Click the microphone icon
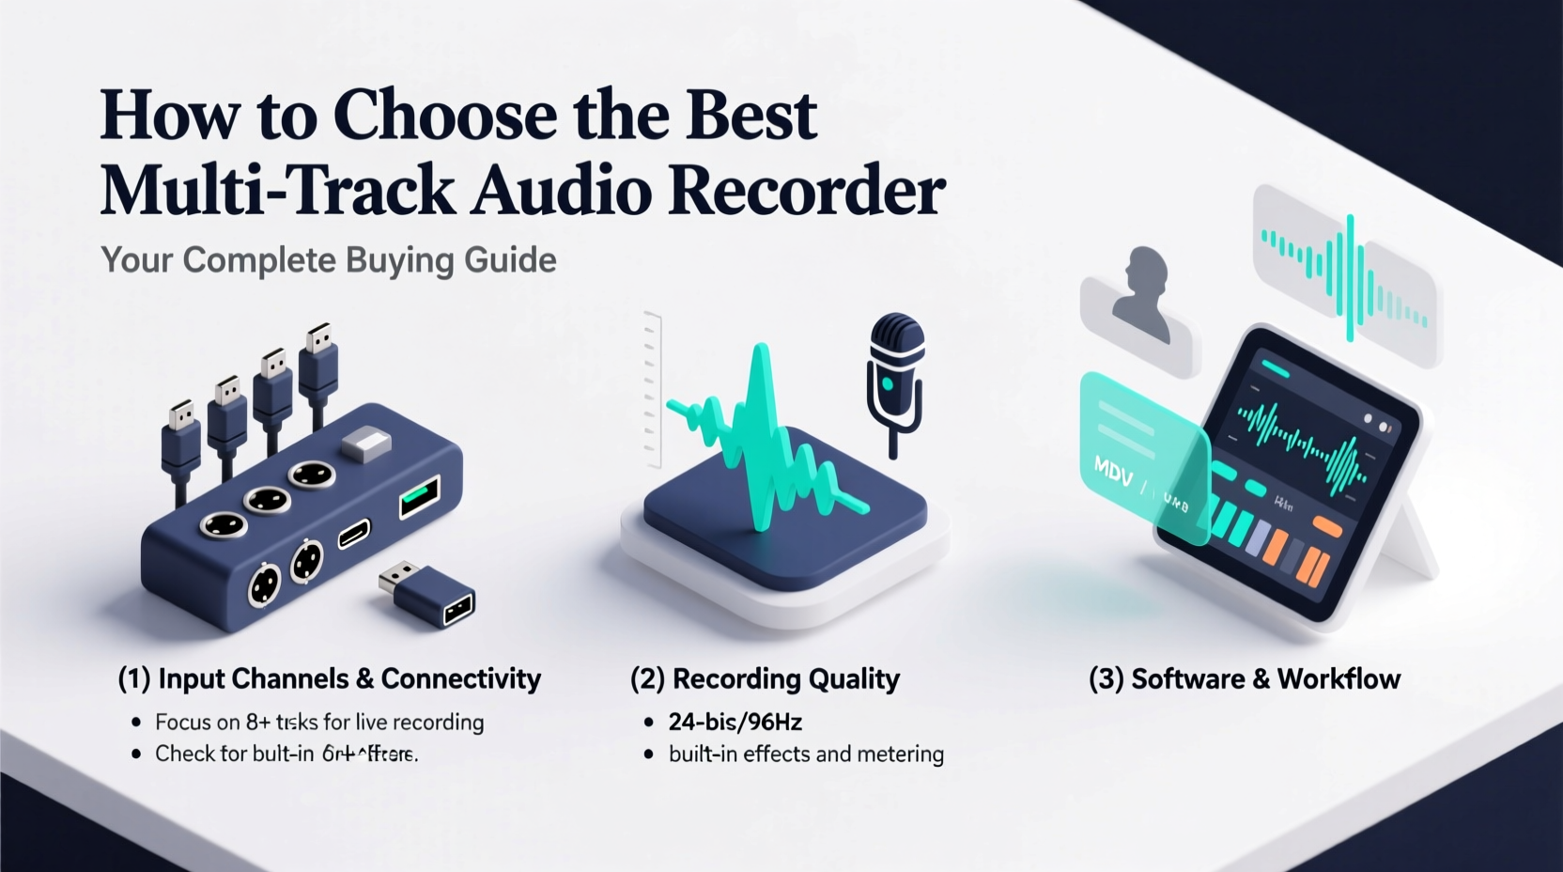pos(895,376)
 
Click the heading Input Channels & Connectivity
pos(330,678)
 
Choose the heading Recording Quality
pos(766,678)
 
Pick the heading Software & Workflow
pos(1245,678)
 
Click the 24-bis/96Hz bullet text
pos(735,722)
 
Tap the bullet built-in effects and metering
pos(806,754)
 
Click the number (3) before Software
pos(1106,678)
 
